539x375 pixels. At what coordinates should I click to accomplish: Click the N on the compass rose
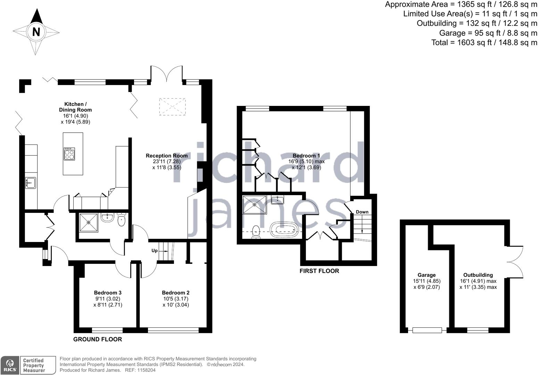(x=36, y=32)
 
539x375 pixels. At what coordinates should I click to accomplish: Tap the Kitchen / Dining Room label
(x=75, y=107)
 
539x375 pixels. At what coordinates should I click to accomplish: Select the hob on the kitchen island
(x=69, y=154)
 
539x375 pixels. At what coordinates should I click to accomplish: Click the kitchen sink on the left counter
(x=31, y=183)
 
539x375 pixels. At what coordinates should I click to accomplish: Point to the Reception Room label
(x=167, y=156)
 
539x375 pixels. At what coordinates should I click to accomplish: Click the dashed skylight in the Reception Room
(x=173, y=107)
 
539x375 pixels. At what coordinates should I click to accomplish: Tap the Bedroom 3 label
(x=108, y=293)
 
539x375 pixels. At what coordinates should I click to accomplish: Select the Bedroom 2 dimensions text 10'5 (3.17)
(x=176, y=299)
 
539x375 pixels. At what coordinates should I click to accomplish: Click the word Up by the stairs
(x=155, y=250)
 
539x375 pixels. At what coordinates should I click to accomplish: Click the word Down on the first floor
(x=362, y=212)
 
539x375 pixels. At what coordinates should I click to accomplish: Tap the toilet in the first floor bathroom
(x=256, y=232)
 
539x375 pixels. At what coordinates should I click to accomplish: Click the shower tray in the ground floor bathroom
(x=89, y=223)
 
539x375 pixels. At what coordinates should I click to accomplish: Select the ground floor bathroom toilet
(x=121, y=220)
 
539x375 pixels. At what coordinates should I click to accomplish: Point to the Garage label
(x=426, y=275)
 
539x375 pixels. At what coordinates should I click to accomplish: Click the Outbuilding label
(x=478, y=275)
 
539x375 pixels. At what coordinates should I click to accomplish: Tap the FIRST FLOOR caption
(x=319, y=271)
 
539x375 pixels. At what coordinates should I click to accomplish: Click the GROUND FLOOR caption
(x=98, y=339)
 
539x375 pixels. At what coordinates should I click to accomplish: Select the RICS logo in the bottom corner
(x=10, y=365)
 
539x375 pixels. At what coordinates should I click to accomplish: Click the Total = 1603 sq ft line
(x=484, y=42)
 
